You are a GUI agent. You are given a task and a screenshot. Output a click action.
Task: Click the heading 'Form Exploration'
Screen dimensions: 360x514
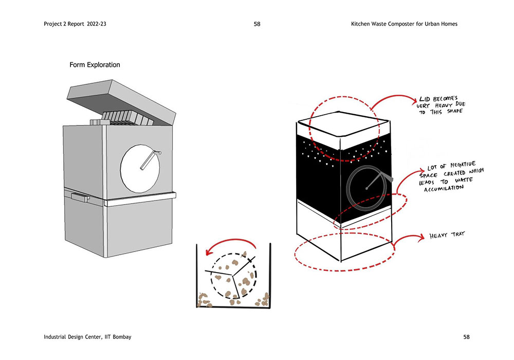pos(95,65)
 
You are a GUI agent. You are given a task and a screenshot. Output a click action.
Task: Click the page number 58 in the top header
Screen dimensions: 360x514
pos(257,24)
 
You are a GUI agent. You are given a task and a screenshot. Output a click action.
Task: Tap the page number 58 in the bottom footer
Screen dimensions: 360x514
pos(466,337)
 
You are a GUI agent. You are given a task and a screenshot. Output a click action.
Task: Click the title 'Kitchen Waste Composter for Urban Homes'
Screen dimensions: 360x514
pos(404,24)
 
